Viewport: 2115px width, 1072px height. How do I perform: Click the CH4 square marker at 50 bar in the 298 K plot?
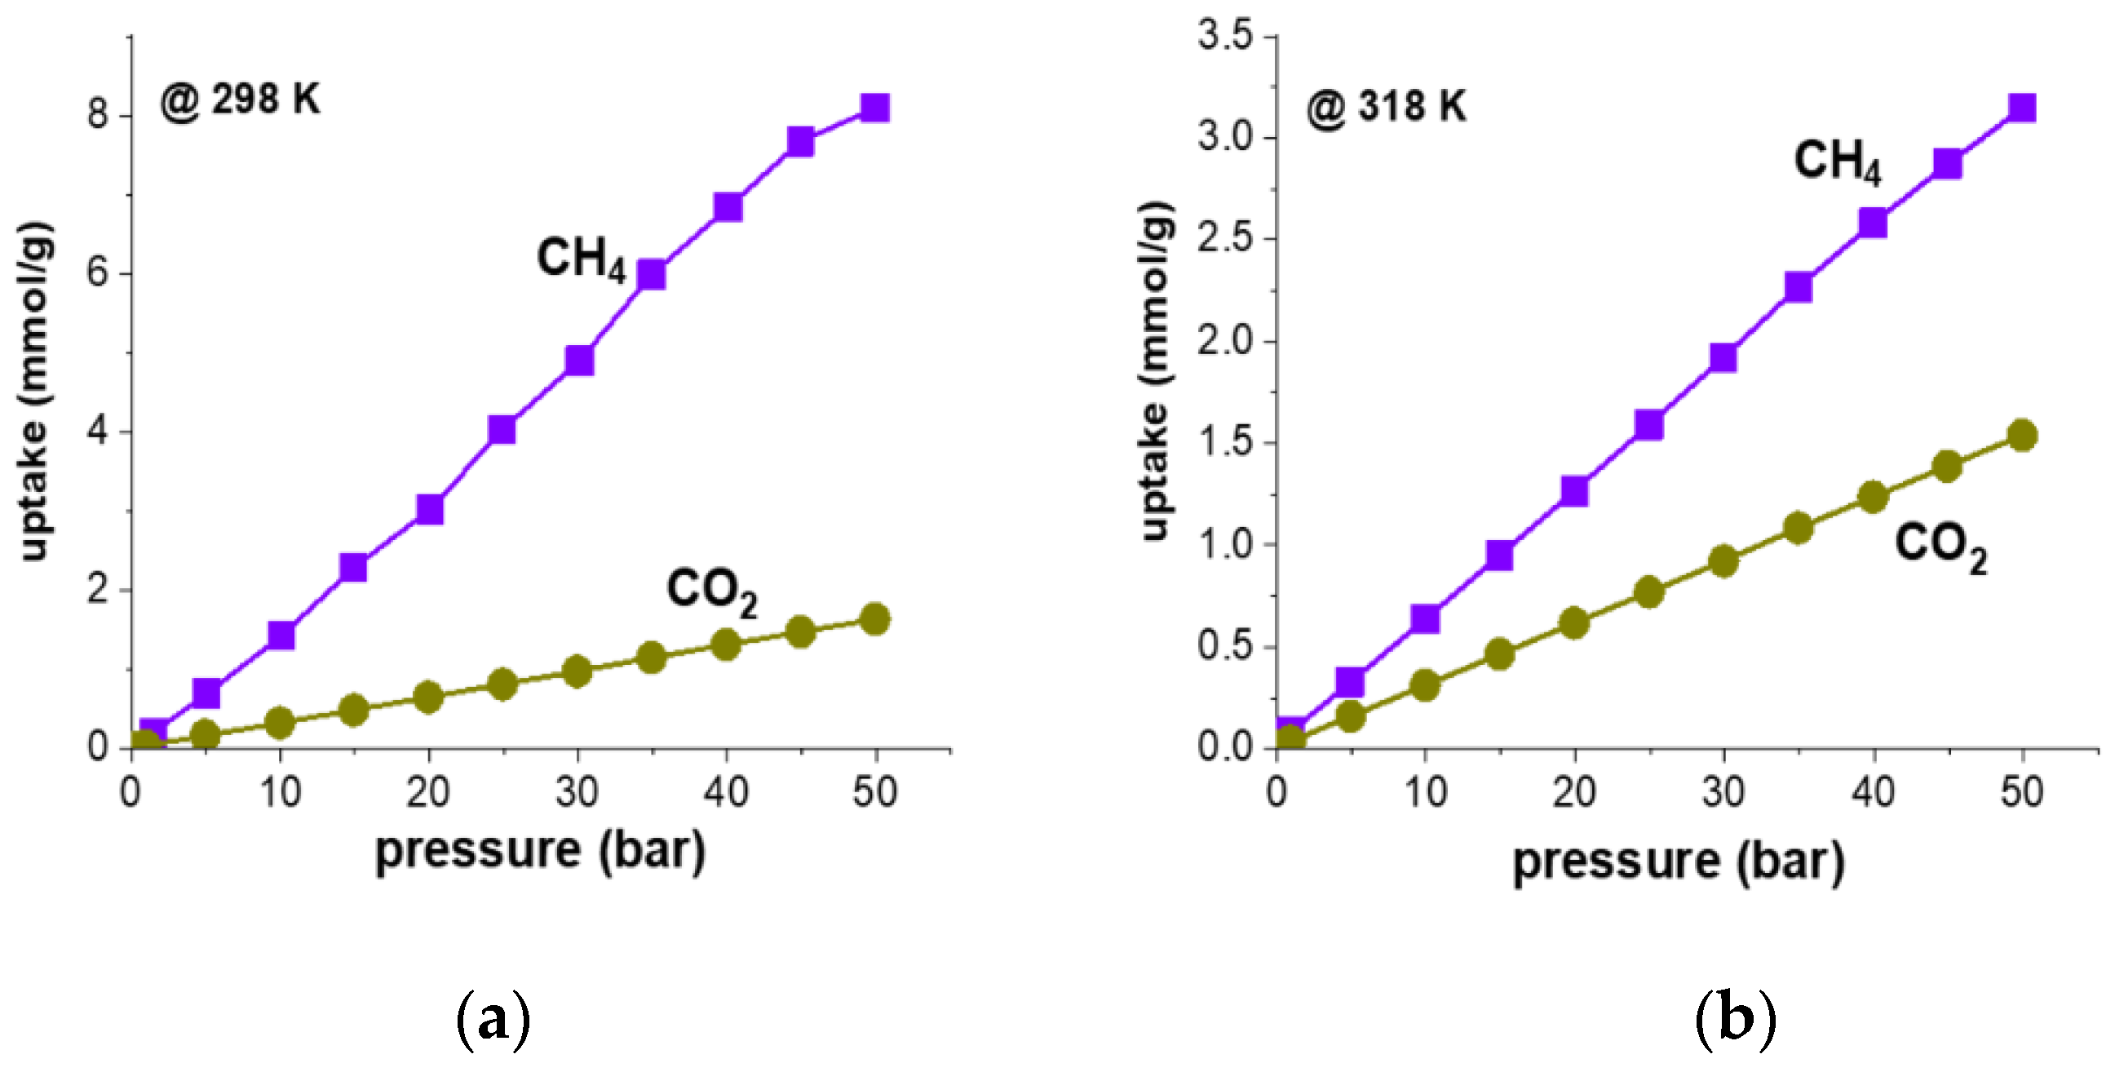(x=875, y=108)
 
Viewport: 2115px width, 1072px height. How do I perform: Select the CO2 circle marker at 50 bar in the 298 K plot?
(x=875, y=618)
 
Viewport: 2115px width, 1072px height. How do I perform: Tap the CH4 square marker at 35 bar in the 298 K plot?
(x=651, y=275)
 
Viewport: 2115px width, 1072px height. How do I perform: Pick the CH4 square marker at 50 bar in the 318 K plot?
(x=2022, y=108)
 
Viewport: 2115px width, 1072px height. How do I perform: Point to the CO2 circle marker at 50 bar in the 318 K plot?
(x=2022, y=436)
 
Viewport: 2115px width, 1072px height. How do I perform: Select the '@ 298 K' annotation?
(x=240, y=101)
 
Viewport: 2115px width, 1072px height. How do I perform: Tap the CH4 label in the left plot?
(x=582, y=259)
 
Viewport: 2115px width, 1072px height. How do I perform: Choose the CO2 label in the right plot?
(x=1941, y=546)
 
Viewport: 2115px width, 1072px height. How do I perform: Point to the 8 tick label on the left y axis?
(x=97, y=114)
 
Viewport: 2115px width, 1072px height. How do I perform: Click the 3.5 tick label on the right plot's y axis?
(x=1225, y=37)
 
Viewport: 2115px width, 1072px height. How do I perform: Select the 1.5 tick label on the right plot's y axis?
(x=1225, y=443)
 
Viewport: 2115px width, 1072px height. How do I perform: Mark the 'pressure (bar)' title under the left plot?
(x=540, y=852)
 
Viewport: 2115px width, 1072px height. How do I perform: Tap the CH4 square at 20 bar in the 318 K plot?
(x=1574, y=491)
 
